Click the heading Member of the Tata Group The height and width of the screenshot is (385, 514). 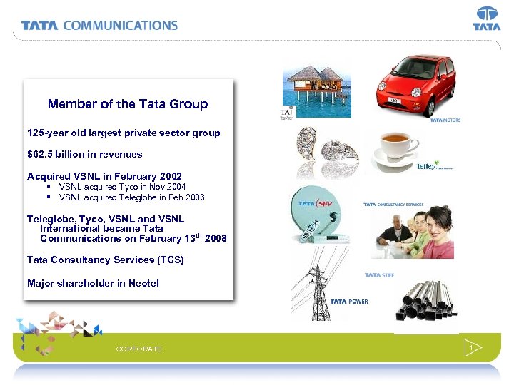(128, 104)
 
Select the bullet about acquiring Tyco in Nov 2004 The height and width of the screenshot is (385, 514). (122, 187)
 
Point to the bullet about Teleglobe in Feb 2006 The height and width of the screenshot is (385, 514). (131, 197)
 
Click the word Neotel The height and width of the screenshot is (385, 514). (143, 283)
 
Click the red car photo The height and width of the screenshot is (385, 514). (415, 85)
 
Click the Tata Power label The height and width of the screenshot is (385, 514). (349, 302)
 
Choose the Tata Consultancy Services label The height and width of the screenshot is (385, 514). (393, 205)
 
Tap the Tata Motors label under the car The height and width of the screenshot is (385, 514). (445, 120)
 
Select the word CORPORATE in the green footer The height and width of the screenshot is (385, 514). (138, 349)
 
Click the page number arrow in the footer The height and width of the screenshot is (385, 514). (473, 348)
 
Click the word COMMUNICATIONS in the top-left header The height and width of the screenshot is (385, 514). (120, 25)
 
